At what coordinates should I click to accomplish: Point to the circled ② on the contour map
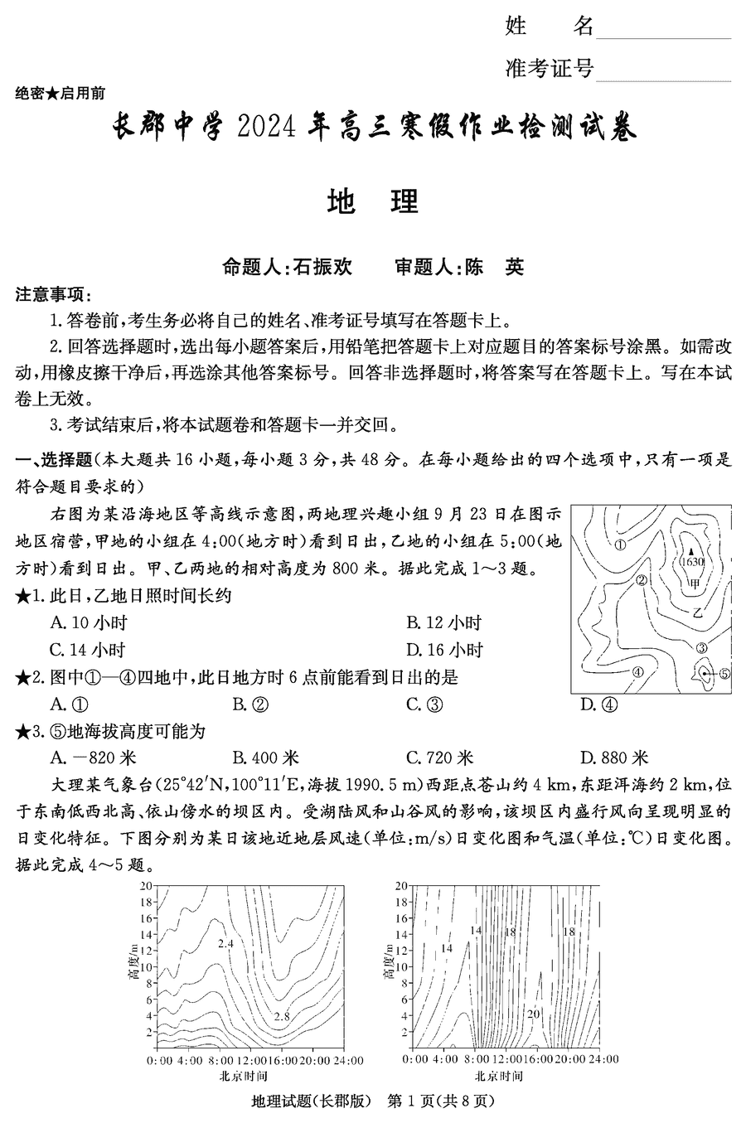pyautogui.click(x=641, y=580)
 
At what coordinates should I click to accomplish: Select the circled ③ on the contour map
pyautogui.click(x=701, y=648)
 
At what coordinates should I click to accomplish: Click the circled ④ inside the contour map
pyautogui.click(x=637, y=671)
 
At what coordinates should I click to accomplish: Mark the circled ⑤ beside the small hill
pyautogui.click(x=724, y=674)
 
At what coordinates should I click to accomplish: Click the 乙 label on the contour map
pyautogui.click(x=697, y=612)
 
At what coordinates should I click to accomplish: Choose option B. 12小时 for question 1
pyautogui.click(x=443, y=622)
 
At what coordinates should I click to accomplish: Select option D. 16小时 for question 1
pyautogui.click(x=444, y=650)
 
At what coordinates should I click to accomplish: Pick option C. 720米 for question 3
pyautogui.click(x=439, y=758)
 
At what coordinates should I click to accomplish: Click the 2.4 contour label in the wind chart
pyautogui.click(x=225, y=943)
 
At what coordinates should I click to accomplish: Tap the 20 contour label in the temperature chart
pyautogui.click(x=534, y=1013)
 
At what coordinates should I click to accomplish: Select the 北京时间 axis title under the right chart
pyautogui.click(x=499, y=1076)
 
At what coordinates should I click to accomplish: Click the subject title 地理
pyautogui.click(x=373, y=201)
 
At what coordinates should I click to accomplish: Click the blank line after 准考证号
pyautogui.click(x=663, y=72)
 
